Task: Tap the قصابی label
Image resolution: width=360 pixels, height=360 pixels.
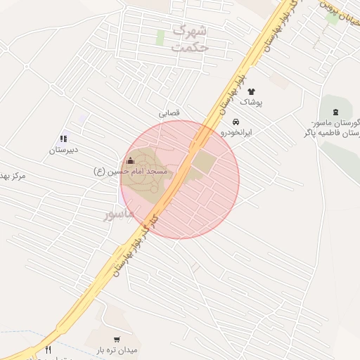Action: point(171,112)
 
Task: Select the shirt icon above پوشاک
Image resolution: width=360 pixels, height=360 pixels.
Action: point(251,91)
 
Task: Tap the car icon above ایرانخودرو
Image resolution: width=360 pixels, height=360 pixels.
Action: point(235,121)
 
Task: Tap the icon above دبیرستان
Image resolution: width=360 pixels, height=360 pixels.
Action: point(63,139)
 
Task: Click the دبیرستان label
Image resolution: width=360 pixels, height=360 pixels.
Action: point(64,150)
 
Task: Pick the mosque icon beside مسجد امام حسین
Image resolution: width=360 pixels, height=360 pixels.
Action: point(129,161)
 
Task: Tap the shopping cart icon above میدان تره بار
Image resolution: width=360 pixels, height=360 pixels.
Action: point(117,339)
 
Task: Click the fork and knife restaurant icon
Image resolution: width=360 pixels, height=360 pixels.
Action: point(48,350)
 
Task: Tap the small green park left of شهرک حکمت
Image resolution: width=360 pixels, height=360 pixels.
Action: point(160,38)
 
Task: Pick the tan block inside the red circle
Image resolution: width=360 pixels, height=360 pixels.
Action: point(203,162)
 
